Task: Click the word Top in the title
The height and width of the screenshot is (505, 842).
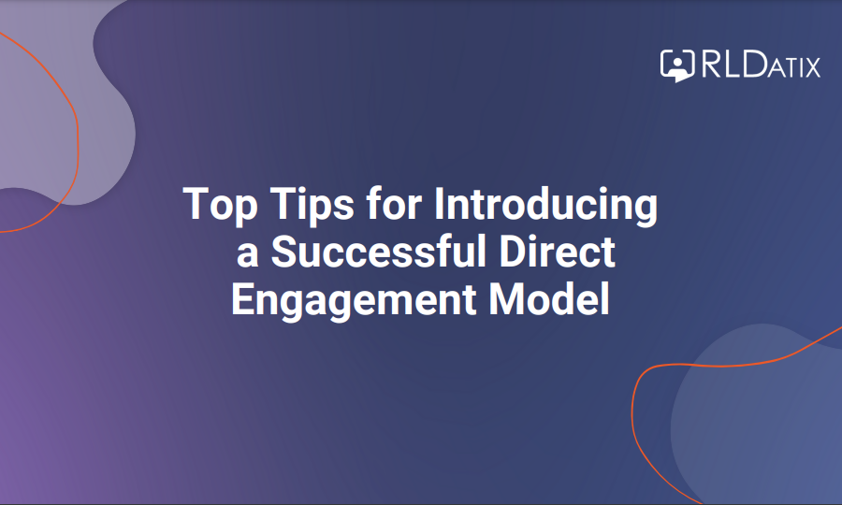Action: [x=220, y=205]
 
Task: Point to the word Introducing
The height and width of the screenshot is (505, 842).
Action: [x=545, y=205]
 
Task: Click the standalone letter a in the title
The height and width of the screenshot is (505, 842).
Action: [x=248, y=254]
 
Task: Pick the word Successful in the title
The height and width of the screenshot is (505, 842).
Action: [x=379, y=251]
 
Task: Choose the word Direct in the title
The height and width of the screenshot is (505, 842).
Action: [x=557, y=251]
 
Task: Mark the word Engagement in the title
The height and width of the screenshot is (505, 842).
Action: [x=354, y=300]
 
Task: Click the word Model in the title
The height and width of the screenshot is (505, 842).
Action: [x=549, y=298]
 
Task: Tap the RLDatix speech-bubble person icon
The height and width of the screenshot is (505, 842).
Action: [x=677, y=65]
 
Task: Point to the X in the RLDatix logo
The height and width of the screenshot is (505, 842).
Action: [x=812, y=67]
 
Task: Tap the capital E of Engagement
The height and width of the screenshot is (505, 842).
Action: [x=242, y=298]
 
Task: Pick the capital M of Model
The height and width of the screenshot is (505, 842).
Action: [x=506, y=298]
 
